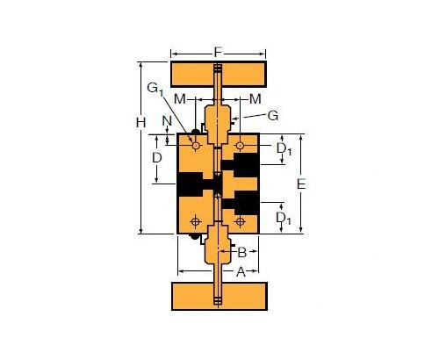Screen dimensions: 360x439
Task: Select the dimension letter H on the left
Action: tap(140, 123)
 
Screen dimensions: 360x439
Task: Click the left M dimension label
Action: tap(181, 97)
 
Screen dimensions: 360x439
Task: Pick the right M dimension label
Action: tap(255, 97)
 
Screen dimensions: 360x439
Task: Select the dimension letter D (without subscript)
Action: tap(156, 158)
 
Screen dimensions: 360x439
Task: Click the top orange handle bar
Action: tap(217, 71)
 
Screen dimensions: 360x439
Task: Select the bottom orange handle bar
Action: tap(217, 295)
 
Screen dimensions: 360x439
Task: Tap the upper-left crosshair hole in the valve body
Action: tap(195, 145)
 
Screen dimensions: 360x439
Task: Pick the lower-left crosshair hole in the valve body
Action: tap(195, 220)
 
